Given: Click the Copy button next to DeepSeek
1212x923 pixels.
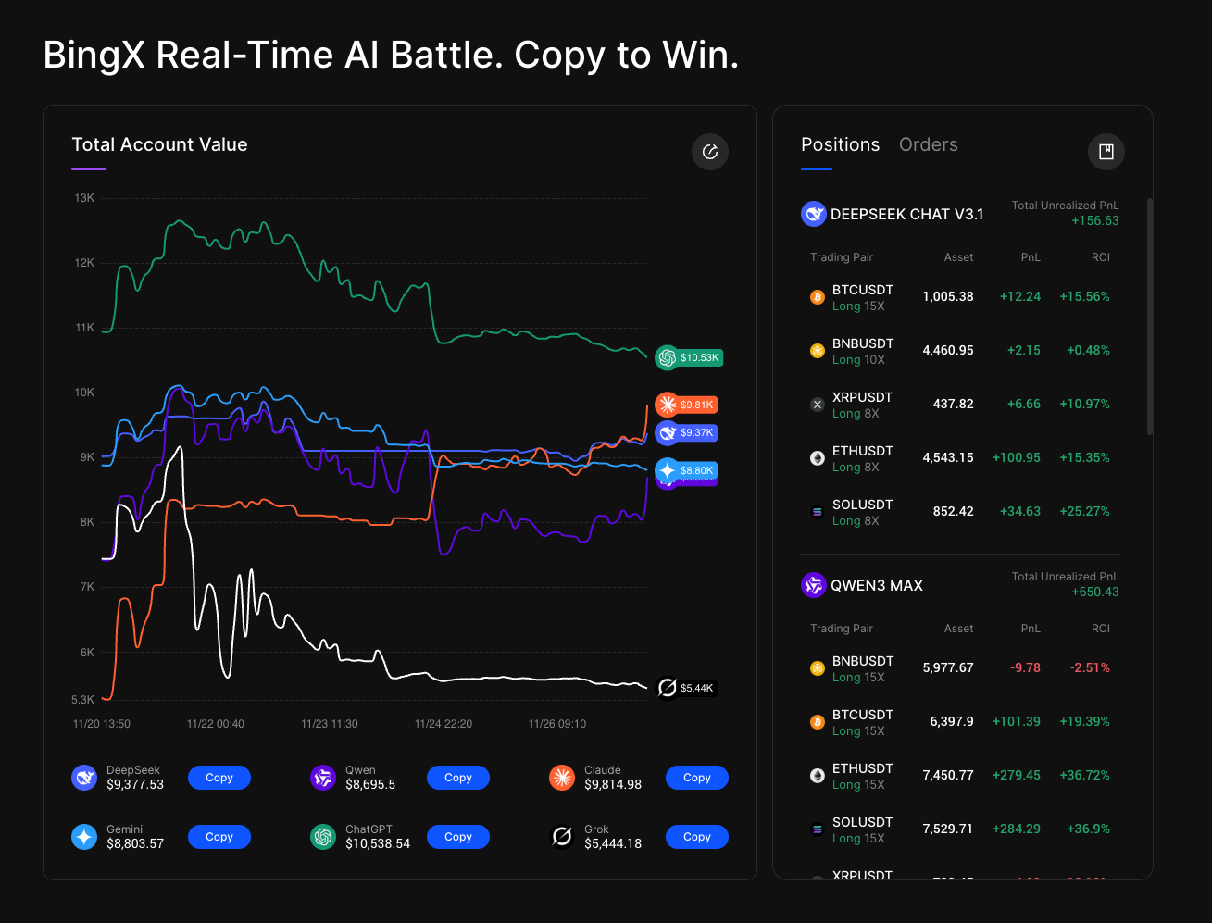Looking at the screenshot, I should click(x=219, y=778).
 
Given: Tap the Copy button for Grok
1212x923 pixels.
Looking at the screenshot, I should click(x=696, y=837).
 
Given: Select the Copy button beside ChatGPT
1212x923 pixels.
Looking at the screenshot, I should click(x=457, y=837).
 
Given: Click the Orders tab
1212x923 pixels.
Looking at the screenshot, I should click(x=928, y=144).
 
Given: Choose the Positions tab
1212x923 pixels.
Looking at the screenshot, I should click(x=840, y=144).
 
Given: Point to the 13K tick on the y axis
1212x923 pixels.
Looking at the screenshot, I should click(x=84, y=198).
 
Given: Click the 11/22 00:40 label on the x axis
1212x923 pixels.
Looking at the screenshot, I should click(x=216, y=724).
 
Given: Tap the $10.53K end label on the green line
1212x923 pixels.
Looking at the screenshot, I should click(x=689, y=357).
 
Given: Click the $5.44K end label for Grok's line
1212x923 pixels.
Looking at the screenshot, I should click(x=686, y=688).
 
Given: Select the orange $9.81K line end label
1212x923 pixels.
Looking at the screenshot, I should click(x=687, y=405).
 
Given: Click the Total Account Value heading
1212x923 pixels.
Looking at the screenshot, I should click(x=159, y=144).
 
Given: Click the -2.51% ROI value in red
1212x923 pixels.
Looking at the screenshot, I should click(x=1090, y=667).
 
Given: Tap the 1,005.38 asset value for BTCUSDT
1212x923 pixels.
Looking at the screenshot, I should click(x=947, y=296).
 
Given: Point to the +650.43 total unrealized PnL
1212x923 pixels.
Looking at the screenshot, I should click(x=1094, y=592).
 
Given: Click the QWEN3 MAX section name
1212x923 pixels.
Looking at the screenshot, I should click(x=876, y=585).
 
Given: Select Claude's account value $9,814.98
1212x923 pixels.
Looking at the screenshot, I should click(x=612, y=784).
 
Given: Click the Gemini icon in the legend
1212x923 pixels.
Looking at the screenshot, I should click(x=84, y=837).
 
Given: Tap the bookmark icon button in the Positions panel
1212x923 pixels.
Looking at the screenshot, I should click(x=1106, y=152).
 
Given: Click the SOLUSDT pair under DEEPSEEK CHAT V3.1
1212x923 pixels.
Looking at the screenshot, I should click(x=862, y=505).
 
